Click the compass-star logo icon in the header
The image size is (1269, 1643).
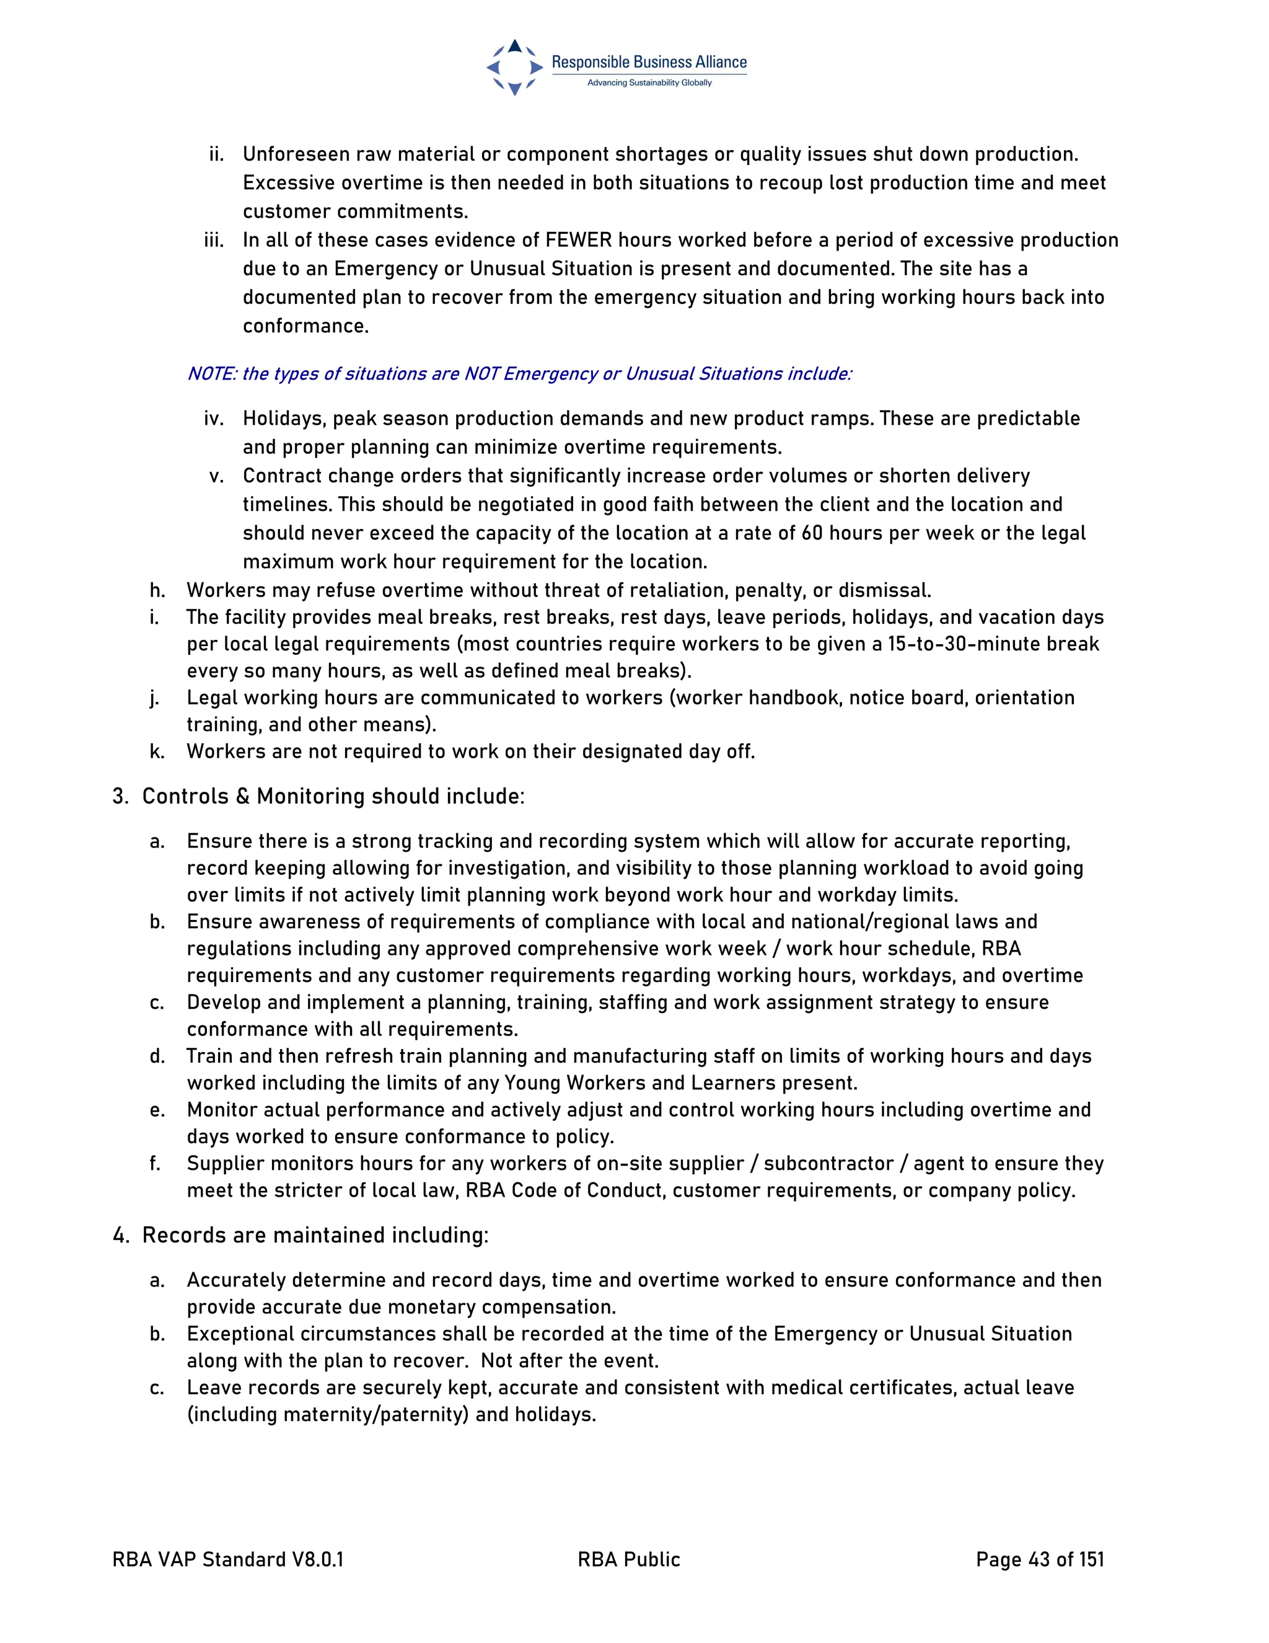click(514, 67)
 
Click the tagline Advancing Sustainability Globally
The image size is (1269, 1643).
click(649, 82)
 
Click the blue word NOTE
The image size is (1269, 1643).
click(211, 374)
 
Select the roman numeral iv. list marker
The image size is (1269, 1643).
click(214, 418)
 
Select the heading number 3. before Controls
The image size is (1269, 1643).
click(120, 797)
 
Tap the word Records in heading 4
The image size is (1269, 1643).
click(177, 1235)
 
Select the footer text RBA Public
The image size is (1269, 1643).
click(628, 1559)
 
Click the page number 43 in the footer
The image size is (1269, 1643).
click(1039, 1559)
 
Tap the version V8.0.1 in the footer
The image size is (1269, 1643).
click(318, 1559)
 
